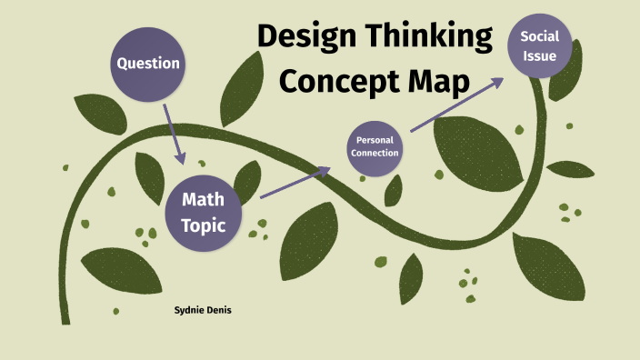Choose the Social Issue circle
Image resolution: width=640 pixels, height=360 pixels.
tap(539, 45)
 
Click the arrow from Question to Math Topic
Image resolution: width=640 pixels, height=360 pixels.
tap(174, 133)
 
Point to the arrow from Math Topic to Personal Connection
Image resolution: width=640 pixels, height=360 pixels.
tap(295, 182)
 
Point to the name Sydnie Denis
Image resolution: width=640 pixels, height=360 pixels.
tap(203, 310)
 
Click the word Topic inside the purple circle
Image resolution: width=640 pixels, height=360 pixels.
tap(203, 225)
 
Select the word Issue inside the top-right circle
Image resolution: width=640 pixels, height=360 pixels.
tap(539, 56)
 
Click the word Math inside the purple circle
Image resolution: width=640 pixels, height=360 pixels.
tap(204, 199)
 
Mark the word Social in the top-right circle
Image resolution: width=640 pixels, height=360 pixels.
tap(539, 36)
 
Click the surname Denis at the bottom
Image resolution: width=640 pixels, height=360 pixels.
tap(219, 310)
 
